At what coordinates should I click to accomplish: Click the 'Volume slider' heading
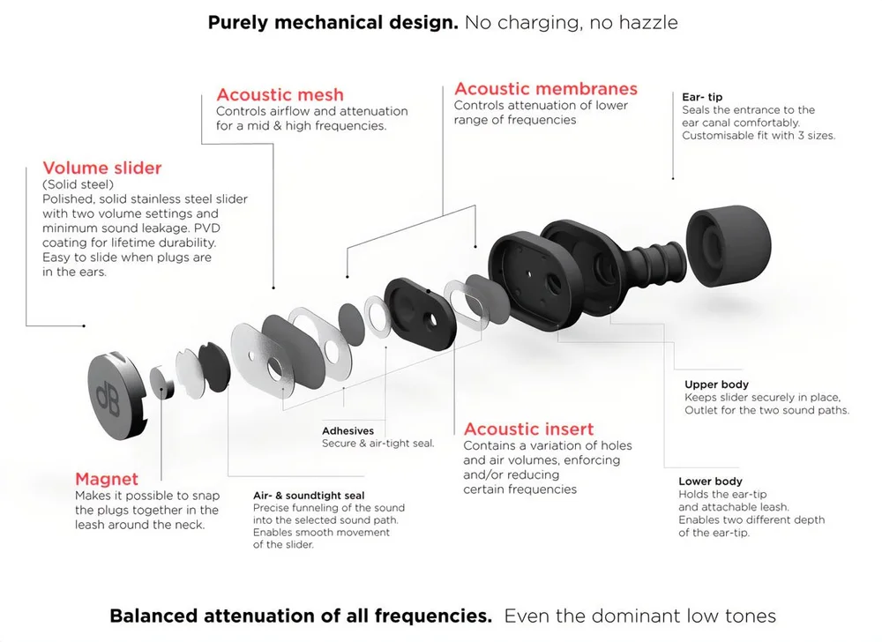click(102, 168)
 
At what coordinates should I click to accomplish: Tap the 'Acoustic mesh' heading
click(280, 94)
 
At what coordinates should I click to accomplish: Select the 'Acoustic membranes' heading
click(545, 89)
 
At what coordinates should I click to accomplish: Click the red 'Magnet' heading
click(107, 479)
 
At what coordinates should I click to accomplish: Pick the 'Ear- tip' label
click(702, 97)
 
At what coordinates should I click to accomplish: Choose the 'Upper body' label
click(716, 384)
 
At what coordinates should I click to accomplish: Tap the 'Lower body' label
click(710, 481)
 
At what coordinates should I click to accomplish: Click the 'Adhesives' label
click(348, 431)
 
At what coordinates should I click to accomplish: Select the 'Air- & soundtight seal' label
click(309, 496)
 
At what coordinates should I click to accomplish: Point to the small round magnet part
click(161, 383)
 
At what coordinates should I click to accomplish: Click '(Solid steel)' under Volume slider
click(78, 184)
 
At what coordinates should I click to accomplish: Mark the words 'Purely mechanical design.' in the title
click(333, 22)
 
